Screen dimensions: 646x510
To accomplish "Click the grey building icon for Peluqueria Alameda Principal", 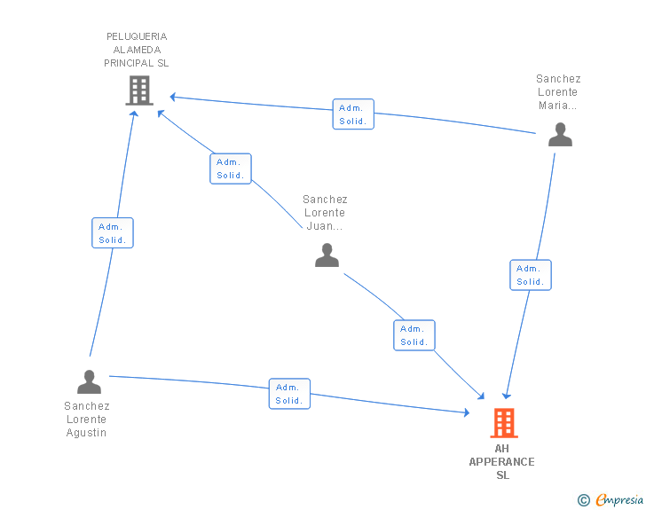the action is tap(139, 90).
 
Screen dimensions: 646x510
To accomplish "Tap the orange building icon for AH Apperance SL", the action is tap(504, 423).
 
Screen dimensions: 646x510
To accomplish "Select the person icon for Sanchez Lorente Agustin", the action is tap(89, 381).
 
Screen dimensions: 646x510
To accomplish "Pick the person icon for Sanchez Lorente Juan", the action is tap(327, 255).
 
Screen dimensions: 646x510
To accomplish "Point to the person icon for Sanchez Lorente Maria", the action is tap(560, 134).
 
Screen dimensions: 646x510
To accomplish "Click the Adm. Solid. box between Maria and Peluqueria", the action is tap(353, 114).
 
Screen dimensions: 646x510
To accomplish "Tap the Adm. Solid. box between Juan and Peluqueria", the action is tap(231, 169).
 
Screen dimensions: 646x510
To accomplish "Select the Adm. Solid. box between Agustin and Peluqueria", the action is tap(113, 232).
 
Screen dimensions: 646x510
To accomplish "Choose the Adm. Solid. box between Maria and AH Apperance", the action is tap(531, 275).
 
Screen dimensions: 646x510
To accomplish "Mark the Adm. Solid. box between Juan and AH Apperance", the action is tap(414, 335).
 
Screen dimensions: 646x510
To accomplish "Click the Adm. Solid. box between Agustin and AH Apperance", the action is tap(289, 394).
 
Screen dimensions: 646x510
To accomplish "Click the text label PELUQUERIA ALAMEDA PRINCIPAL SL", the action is tap(137, 50).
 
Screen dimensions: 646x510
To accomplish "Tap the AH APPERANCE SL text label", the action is tap(502, 462).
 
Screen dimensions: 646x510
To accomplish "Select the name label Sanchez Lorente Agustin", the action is tap(87, 420).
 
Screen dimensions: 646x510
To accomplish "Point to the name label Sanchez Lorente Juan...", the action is tap(325, 213).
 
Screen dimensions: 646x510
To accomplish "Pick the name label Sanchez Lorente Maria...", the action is tap(558, 92).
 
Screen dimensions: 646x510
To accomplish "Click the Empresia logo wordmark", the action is tap(619, 499).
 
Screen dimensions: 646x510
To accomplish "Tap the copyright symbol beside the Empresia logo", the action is tap(583, 500).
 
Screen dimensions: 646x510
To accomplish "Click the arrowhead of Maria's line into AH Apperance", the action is tap(507, 396).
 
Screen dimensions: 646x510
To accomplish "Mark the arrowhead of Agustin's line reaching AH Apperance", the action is tap(467, 412).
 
